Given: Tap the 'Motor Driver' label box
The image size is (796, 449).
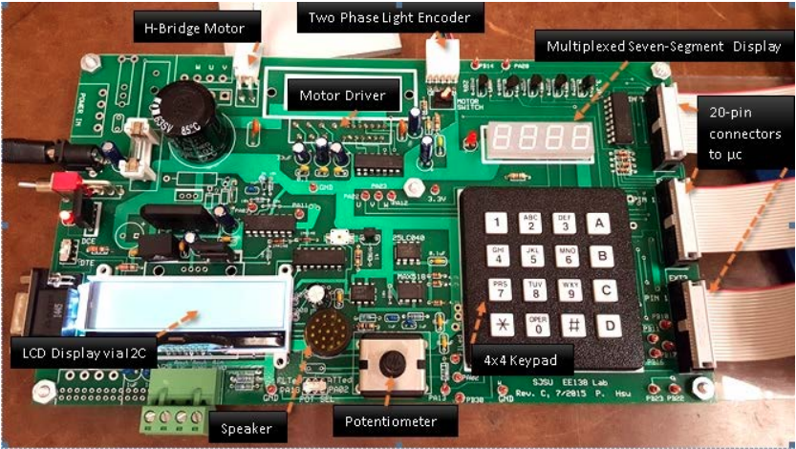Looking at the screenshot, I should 341,96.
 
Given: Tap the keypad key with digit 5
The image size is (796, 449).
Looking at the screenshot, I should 530,256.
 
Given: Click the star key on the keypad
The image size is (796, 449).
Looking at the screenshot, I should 497,326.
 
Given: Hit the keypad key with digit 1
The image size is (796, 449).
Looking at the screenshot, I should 495,224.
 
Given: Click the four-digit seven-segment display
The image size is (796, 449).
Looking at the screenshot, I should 536,139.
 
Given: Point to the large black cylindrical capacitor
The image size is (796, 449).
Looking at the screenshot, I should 186,107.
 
